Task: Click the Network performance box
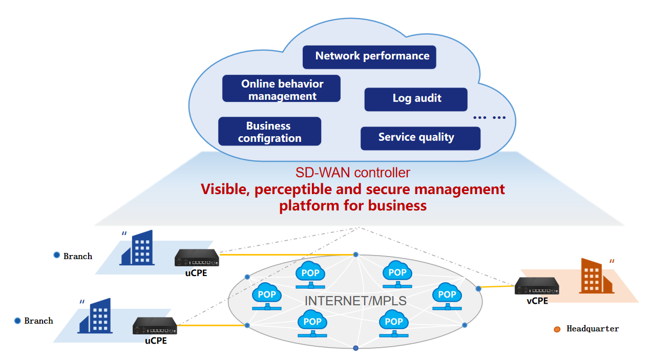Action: pyautogui.click(x=369, y=57)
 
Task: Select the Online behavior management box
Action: pyautogui.click(x=281, y=90)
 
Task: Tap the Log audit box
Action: pyautogui.click(x=416, y=99)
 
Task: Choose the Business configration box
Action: pyautogui.click(x=269, y=132)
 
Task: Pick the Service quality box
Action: pyautogui.click(x=420, y=138)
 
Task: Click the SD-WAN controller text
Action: pyautogui.click(x=352, y=172)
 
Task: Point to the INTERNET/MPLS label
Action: pyautogui.click(x=355, y=301)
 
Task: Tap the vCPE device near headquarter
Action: pyautogui.click(x=537, y=286)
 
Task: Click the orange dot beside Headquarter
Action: pyautogui.click(x=557, y=329)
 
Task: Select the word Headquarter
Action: pyautogui.click(x=593, y=329)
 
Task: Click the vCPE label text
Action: pyautogui.click(x=537, y=301)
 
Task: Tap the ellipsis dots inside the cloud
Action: pyautogui.click(x=489, y=118)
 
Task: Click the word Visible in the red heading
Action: pyautogui.click(x=224, y=189)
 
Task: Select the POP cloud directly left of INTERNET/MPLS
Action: pyautogui.click(x=267, y=296)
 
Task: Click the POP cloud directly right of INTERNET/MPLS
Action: pyautogui.click(x=447, y=295)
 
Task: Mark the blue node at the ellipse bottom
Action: pyautogui.click(x=355, y=348)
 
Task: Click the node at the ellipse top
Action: pyautogui.click(x=355, y=255)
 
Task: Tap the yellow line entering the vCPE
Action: pyautogui.click(x=497, y=287)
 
